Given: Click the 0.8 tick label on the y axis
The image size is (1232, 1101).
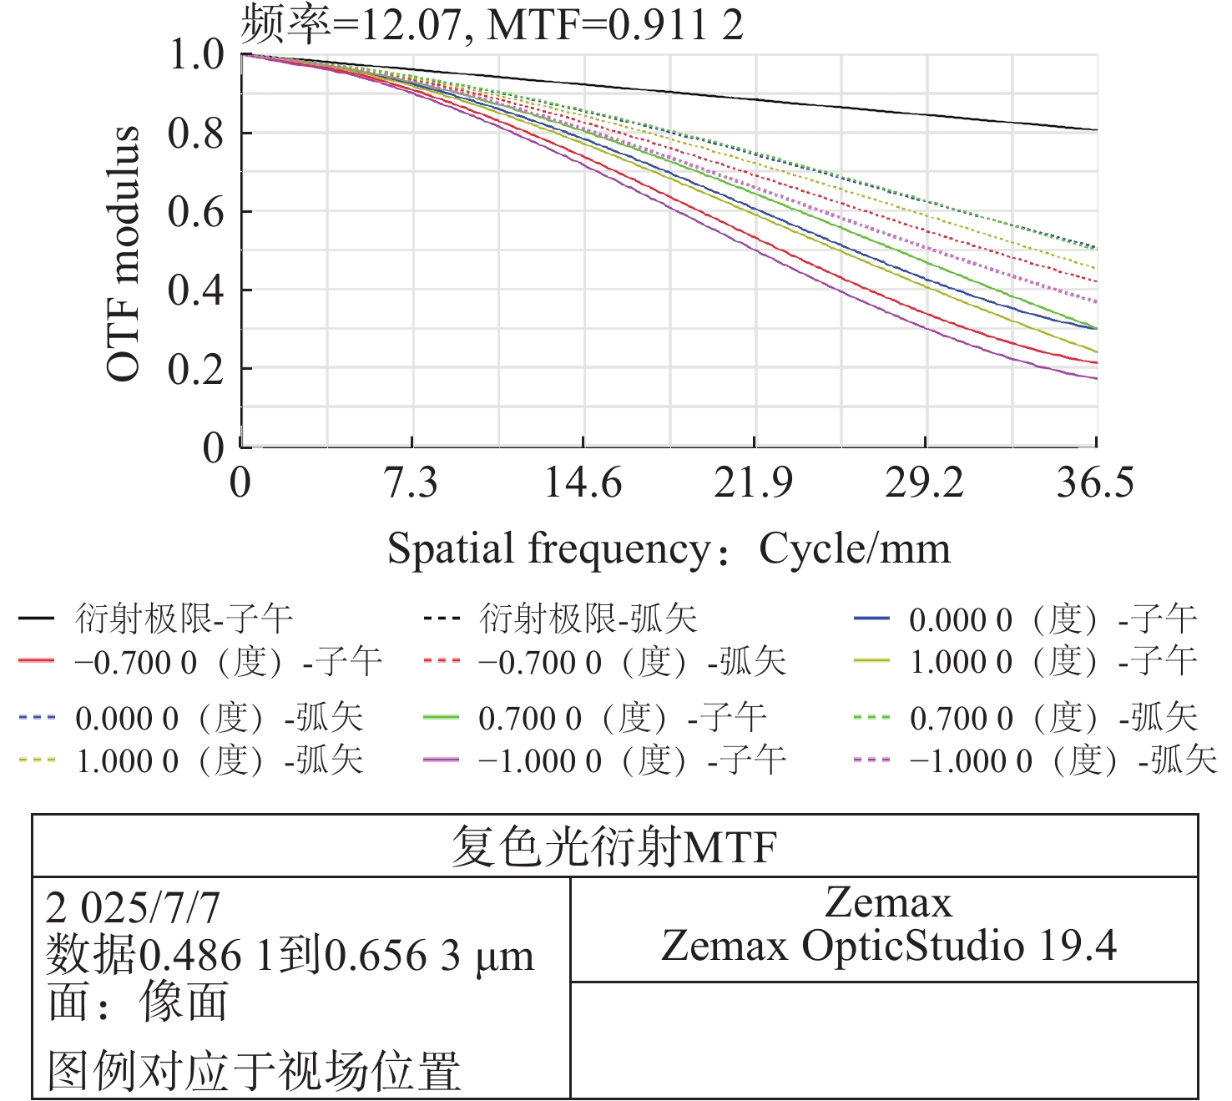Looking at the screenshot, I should [196, 134].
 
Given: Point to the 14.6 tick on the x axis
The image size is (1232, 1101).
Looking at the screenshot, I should [583, 483].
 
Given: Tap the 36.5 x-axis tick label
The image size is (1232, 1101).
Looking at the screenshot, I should [1095, 483].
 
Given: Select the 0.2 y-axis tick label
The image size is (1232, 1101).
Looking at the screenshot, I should [196, 370].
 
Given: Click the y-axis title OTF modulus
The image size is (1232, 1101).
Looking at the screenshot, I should [124, 254].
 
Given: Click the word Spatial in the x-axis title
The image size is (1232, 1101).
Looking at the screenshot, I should [451, 549].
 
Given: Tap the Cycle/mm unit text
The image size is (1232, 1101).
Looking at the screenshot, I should [855, 549].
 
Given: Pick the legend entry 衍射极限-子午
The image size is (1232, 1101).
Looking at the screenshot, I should [184, 619].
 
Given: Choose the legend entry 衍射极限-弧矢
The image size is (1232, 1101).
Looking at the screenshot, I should [588, 619].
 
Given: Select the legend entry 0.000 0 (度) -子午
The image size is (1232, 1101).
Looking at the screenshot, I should [1053, 619].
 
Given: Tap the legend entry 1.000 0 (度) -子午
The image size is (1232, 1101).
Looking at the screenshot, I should [1053, 663].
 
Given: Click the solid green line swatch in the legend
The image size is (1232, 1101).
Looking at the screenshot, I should [441, 717].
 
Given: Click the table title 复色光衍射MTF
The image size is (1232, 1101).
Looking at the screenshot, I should [614, 846].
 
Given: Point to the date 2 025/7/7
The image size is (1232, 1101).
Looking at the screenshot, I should [134, 908].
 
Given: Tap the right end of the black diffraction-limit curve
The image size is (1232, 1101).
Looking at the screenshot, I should [1095, 130].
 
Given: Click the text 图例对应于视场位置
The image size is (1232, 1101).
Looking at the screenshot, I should [255, 1071].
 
